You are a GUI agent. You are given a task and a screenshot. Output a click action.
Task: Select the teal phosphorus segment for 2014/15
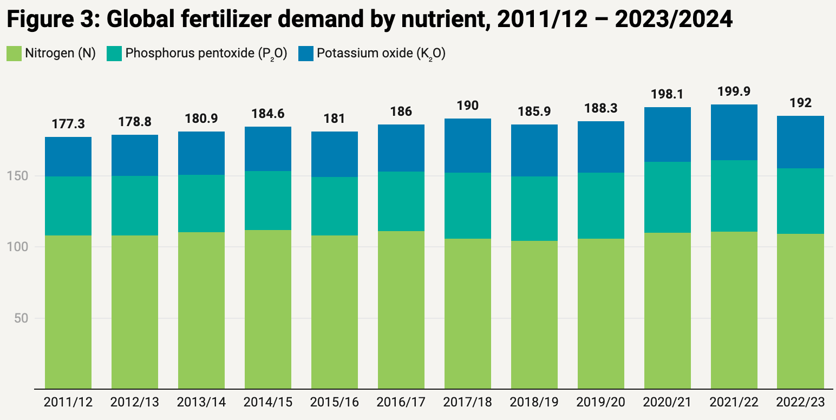click(268, 200)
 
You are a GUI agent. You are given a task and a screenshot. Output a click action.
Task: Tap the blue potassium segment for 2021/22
click(734, 132)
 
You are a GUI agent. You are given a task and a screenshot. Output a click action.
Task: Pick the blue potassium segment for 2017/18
click(468, 146)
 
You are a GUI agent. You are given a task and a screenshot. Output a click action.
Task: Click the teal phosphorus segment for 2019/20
click(601, 206)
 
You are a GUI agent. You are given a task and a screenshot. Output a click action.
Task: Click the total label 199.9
click(734, 91)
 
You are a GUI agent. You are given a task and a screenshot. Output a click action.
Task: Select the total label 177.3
click(68, 124)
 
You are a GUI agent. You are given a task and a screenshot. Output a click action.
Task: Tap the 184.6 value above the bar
click(268, 114)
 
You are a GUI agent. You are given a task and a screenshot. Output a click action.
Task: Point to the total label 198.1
click(668, 95)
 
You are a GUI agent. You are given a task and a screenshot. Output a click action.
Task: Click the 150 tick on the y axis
click(21, 176)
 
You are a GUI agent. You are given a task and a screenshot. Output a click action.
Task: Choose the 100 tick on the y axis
click(21, 247)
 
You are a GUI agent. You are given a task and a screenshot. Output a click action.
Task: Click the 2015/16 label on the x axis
click(335, 403)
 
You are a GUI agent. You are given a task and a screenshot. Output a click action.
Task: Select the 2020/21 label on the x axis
click(668, 403)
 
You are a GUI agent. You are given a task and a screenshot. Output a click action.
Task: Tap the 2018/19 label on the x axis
click(534, 403)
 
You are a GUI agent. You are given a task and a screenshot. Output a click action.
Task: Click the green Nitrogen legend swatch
click(14, 53)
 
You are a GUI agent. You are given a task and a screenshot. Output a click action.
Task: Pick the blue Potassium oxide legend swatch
click(306, 53)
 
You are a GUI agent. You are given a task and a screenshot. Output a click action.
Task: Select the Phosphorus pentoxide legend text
click(206, 54)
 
